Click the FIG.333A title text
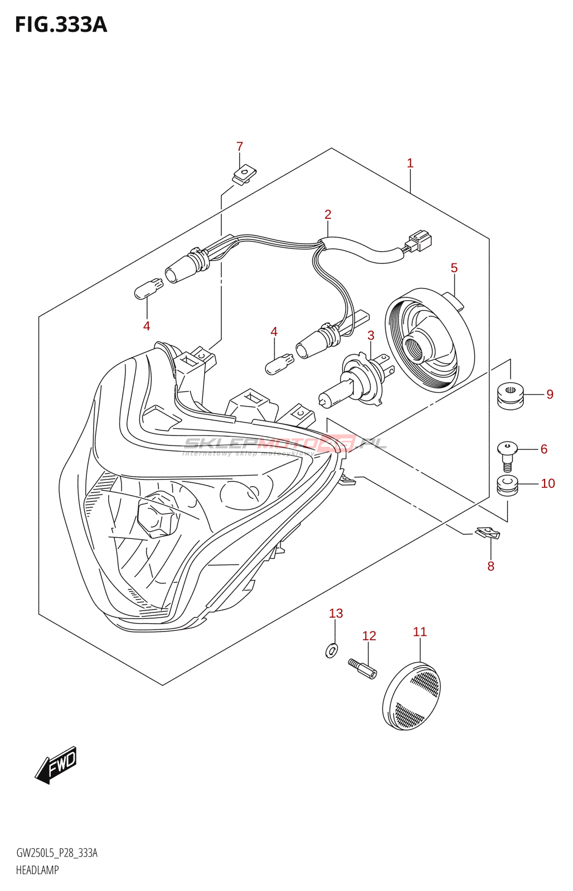tap(61, 25)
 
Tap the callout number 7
tap(240, 146)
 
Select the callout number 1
tap(410, 163)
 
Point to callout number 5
tap(454, 268)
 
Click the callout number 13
tap(336, 614)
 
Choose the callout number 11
tap(420, 632)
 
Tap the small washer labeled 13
tap(332, 650)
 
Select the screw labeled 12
tap(362, 668)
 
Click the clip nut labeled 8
tap(488, 533)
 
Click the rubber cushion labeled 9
tap(510, 394)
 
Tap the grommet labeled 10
tap(507, 486)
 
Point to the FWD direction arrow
tap(56, 765)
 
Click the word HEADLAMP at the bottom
tap(37, 870)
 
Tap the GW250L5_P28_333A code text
tap(57, 853)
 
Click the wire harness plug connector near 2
tap(418, 242)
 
